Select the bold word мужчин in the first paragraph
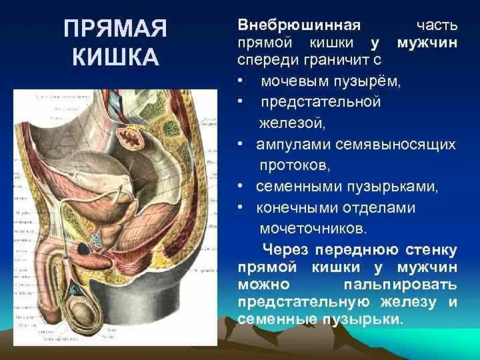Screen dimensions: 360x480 [427, 43]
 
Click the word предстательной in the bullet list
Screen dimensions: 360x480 [321, 103]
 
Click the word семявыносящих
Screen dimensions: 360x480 [396, 145]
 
